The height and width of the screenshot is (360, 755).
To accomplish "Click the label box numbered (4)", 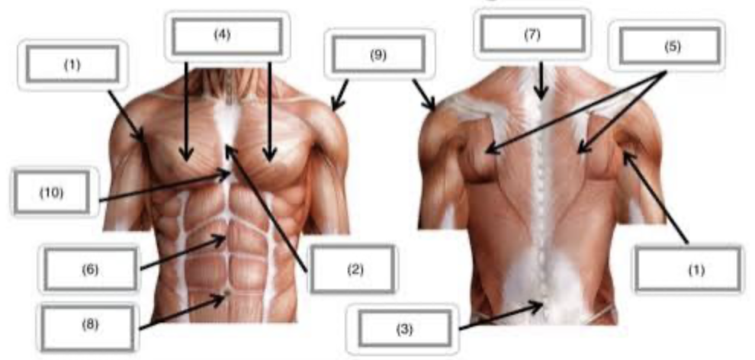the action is (226, 37).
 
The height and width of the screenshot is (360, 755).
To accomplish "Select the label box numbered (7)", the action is (532, 33).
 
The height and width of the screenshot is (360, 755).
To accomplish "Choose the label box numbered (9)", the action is (378, 54).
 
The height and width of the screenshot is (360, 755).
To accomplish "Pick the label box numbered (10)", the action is (52, 192).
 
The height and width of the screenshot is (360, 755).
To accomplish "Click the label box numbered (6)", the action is (90, 269).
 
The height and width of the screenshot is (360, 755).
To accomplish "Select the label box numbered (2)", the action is (352, 269).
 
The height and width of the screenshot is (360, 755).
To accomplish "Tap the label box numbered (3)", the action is (404, 329).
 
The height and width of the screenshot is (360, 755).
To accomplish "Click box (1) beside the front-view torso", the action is (72, 64).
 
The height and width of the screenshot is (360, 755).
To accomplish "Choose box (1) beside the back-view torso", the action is (687, 269).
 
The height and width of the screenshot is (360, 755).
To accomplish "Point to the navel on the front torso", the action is (228, 291).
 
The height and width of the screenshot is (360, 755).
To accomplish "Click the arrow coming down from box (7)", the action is (541, 80).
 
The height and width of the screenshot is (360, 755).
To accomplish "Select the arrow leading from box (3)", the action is (501, 316).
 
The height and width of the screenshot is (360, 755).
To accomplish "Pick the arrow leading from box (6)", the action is (183, 252).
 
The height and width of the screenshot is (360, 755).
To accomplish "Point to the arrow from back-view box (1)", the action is (656, 196).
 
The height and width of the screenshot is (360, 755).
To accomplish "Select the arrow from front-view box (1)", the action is (127, 117).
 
